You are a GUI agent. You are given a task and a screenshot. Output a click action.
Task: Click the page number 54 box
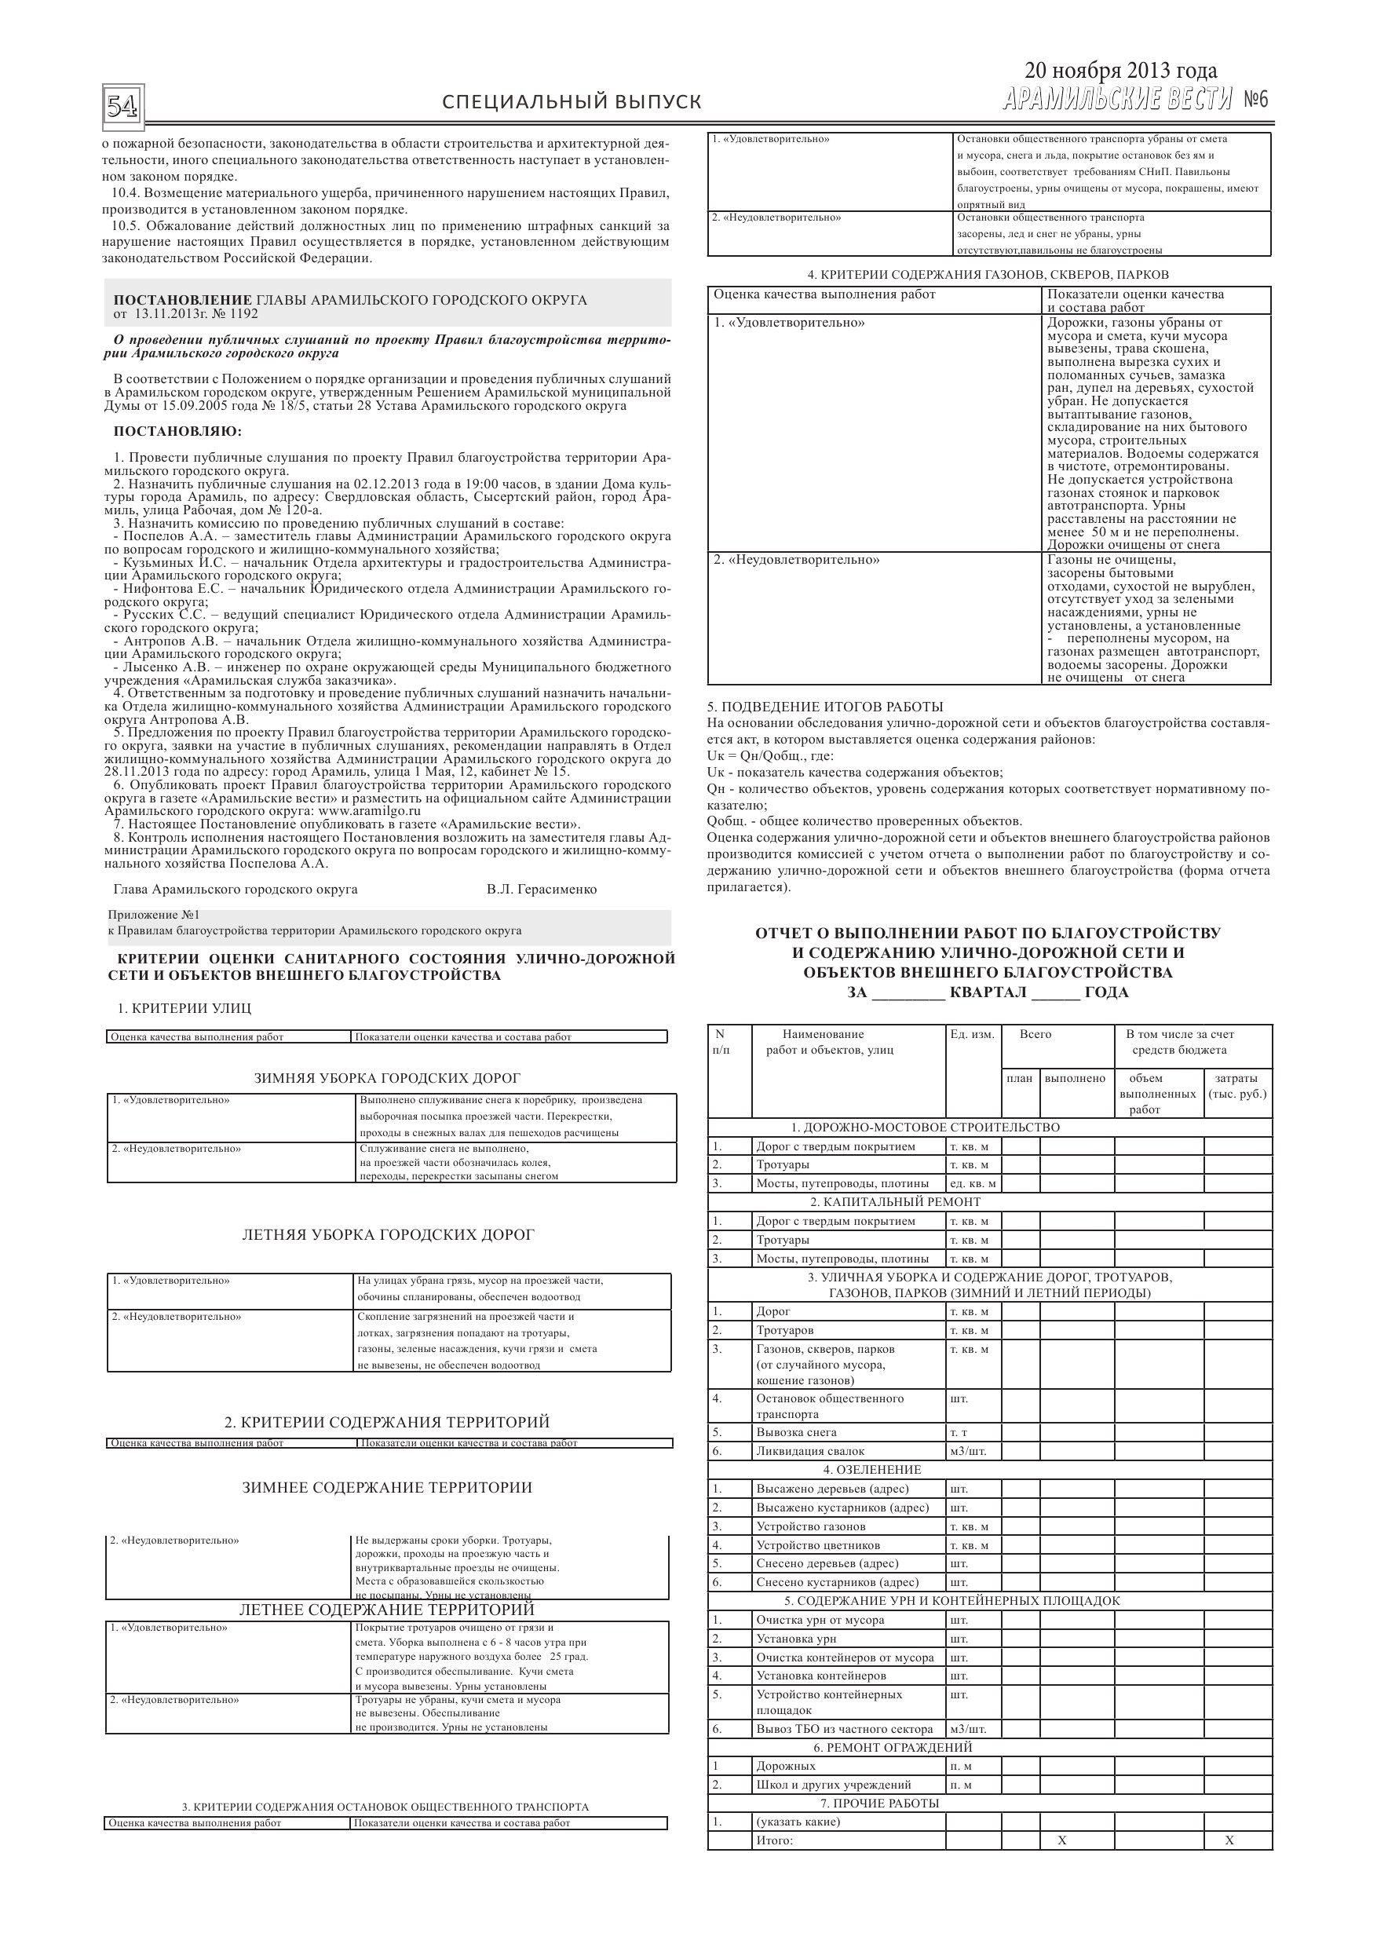pos(123,106)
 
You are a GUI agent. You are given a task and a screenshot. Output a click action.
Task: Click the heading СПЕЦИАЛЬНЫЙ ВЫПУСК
pos(572,103)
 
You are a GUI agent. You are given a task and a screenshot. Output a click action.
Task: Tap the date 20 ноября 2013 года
pos(1120,71)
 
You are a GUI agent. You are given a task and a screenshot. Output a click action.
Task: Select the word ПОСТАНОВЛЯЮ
pos(177,432)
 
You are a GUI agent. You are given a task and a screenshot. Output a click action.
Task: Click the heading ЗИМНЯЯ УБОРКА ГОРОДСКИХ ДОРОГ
pos(387,1078)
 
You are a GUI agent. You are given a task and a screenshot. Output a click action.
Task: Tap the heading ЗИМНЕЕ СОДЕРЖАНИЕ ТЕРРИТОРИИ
pos(387,1487)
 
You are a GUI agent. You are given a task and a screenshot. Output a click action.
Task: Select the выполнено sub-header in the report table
pos(1075,1078)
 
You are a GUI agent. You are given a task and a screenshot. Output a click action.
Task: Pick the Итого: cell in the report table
pos(775,1840)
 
